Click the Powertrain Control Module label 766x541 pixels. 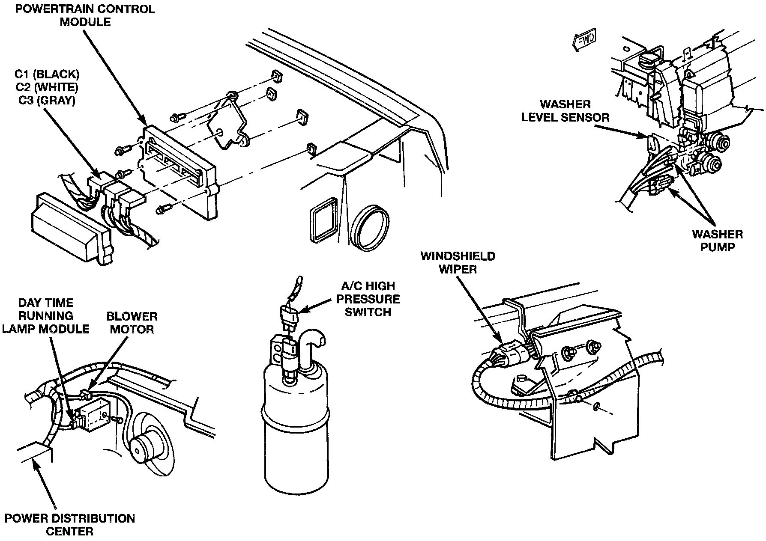(x=85, y=15)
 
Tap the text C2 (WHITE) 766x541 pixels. (x=47, y=87)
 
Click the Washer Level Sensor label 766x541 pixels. (x=565, y=110)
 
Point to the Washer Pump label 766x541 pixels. (x=717, y=241)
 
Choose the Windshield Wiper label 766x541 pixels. (x=458, y=262)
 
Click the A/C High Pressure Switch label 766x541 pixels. (x=368, y=299)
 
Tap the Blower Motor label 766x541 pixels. (x=132, y=323)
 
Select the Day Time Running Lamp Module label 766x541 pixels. (x=45, y=315)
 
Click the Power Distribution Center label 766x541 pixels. (x=70, y=525)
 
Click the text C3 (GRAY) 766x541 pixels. (x=47, y=101)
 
